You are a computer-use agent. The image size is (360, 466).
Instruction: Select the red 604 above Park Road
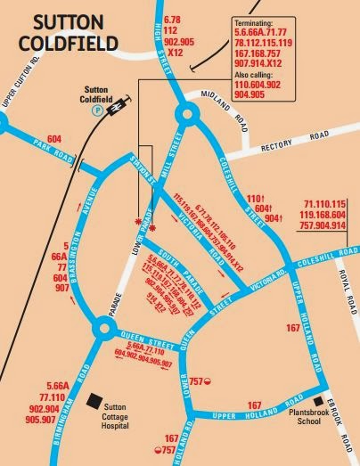pyautogui.click(x=55, y=140)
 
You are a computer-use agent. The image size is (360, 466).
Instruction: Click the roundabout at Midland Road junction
pyautogui.click(x=187, y=113)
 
